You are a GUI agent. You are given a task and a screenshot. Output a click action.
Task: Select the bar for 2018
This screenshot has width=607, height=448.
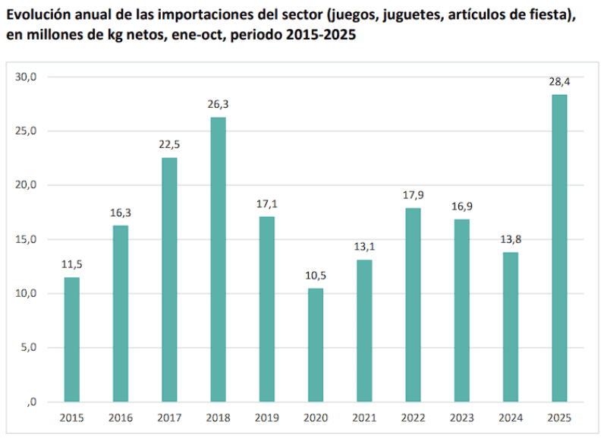tap(218, 259)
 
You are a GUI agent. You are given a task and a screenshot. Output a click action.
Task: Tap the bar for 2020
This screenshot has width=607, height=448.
tap(315, 345)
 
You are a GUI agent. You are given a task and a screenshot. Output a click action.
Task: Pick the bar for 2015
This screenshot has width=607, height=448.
tap(72, 339)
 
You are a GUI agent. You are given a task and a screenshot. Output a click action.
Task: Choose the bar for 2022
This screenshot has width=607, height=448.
tap(413, 304)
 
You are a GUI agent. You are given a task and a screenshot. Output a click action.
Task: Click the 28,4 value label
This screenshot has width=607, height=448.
tap(558, 81)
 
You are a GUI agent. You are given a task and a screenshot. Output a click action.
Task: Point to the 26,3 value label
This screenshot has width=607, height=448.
tap(218, 104)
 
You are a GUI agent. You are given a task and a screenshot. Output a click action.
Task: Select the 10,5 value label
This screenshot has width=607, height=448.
tap(315, 275)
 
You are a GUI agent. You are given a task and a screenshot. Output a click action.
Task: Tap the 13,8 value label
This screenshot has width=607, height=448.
tap(510, 239)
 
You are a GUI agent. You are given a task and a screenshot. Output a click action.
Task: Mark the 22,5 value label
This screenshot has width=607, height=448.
tap(169, 144)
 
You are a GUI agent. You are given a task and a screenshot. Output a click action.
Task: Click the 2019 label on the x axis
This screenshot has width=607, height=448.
tap(266, 418)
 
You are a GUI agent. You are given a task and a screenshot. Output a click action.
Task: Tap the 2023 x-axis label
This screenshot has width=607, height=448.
tap(461, 418)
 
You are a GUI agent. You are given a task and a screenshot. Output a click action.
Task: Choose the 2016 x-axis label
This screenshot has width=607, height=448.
tap(121, 418)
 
